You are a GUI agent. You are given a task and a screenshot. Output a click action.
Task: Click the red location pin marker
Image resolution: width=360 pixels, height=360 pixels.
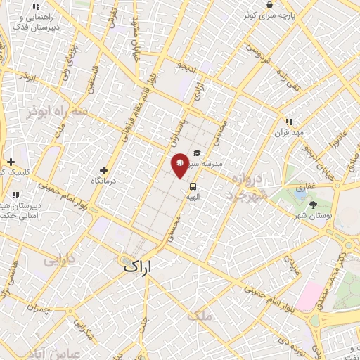tap(180, 164)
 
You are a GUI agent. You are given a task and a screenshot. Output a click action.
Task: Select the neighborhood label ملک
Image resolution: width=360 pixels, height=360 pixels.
tap(200, 316)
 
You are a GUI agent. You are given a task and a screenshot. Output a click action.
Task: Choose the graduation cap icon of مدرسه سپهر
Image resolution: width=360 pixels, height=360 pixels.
tap(197, 153)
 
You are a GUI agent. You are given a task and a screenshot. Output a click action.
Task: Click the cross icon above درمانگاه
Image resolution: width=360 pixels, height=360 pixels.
tap(104, 170)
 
